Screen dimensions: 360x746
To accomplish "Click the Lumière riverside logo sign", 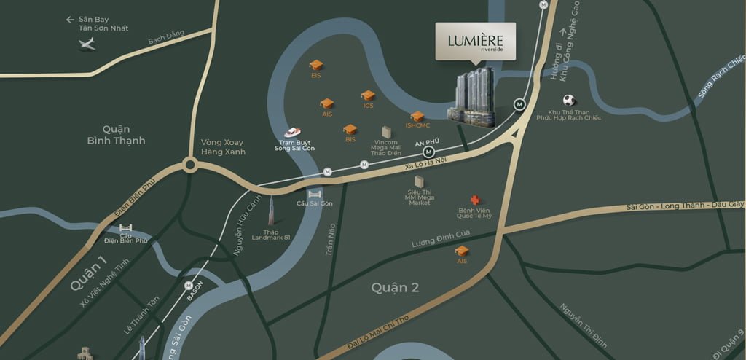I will [475, 41].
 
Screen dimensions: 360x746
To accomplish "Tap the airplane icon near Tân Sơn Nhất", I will [87, 45].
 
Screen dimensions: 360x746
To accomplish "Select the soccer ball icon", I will [568, 101].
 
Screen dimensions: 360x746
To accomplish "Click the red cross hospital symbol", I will [475, 200].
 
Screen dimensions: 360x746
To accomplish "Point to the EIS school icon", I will [315, 65].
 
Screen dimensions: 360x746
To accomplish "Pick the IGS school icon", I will [368, 95].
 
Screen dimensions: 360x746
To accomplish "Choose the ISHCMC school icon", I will [417, 116].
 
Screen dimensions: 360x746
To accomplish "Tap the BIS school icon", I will [350, 130].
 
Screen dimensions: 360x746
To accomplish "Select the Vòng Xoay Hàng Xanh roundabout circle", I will [190, 165].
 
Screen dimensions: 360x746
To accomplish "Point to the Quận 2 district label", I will [395, 288].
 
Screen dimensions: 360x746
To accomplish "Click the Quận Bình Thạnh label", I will [114, 134].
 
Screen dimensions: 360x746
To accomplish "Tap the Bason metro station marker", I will [189, 285].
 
